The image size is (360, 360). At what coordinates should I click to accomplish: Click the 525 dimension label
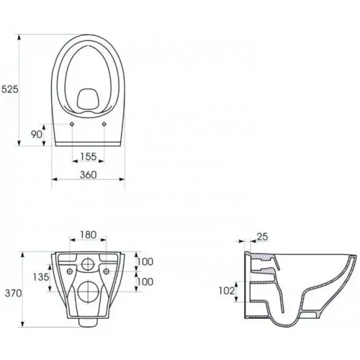[x=10, y=89]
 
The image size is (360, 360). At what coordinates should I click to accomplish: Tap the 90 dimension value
[x=37, y=135]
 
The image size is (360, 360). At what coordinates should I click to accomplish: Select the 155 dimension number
[x=89, y=156]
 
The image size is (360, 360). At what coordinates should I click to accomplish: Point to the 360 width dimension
[x=89, y=175]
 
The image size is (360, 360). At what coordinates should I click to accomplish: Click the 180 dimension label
[x=89, y=235]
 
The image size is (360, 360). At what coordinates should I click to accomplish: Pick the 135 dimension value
[x=41, y=277]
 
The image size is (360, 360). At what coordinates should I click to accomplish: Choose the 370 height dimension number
[x=14, y=293]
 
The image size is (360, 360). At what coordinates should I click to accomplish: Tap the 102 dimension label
[x=227, y=291]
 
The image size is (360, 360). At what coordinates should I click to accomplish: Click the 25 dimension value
[x=262, y=237]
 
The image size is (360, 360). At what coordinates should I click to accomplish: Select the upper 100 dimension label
[x=145, y=261]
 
